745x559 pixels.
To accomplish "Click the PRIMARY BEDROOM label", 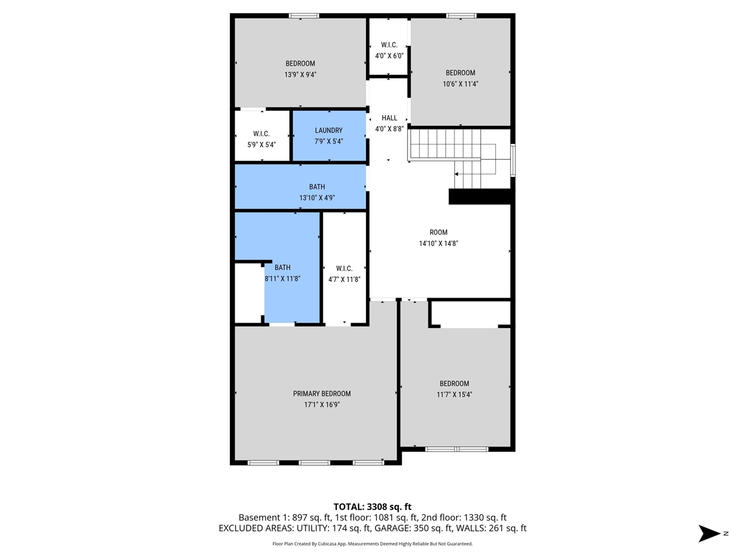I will coord(321,394).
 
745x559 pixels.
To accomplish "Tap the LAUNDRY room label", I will coord(328,130).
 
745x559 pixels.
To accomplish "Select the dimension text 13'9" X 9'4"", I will coord(300,75).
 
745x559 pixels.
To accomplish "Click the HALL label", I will coord(389,118).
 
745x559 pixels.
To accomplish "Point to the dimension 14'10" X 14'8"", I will coord(438,243).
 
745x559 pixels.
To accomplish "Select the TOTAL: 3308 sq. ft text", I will coord(372,507).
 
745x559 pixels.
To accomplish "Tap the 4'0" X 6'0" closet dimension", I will coord(389,56).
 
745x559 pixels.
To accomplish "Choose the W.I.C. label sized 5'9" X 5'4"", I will coord(261,134).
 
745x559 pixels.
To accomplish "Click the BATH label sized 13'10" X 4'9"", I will coord(317,187).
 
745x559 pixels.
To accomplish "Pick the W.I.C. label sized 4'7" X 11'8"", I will coord(344,268).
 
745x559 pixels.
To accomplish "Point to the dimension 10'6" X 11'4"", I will coord(460,84).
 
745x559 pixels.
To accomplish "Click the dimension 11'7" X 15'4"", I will coord(454,394).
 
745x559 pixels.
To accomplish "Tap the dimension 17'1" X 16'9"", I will coord(321,405).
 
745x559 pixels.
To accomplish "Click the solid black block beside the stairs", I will coord(481,197).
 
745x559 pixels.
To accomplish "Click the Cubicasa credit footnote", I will coord(372,544).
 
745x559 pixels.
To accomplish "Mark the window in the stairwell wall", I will coord(513,160).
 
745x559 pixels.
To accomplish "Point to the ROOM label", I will coord(438,232).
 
